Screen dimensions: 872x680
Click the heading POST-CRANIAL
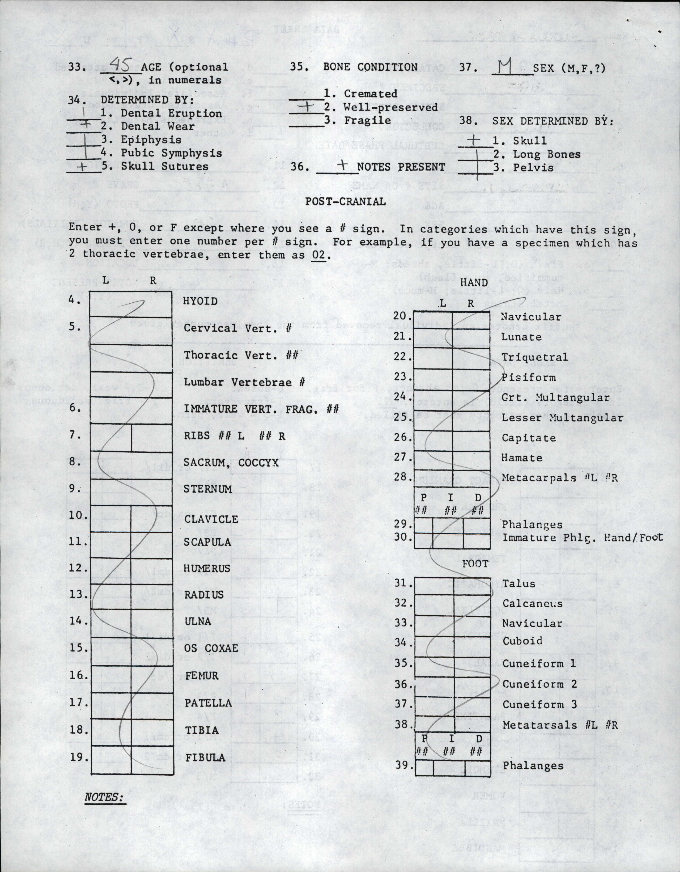pos(345,202)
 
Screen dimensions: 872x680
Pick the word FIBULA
pos(205,757)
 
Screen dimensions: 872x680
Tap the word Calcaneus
pos(532,603)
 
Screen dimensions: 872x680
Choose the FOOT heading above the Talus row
pos(475,564)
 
